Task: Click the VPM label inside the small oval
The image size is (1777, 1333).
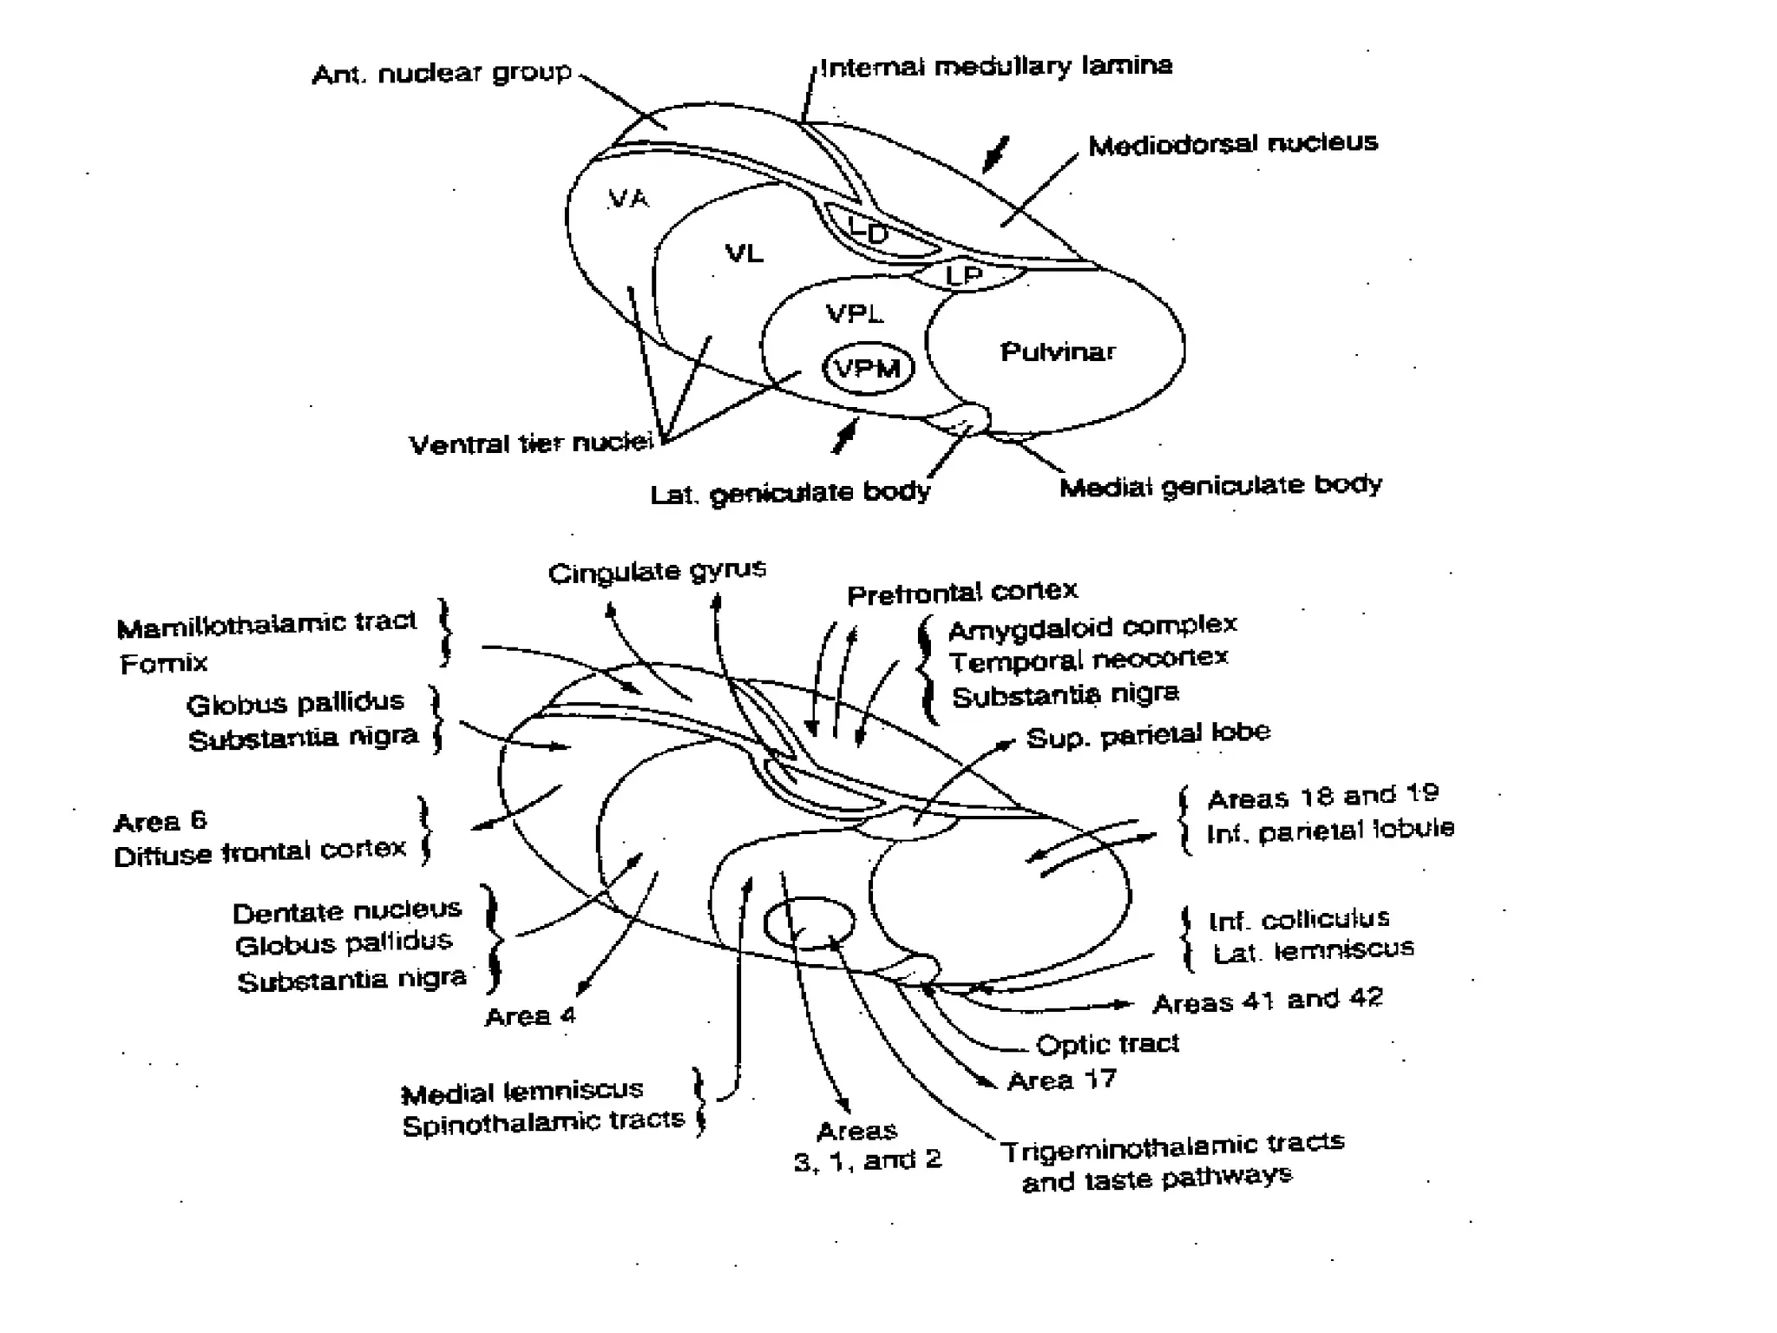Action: point(867,370)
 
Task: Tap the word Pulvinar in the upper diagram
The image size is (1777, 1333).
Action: point(1058,351)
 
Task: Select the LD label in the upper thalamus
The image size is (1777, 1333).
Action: point(869,232)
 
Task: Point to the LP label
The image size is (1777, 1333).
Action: point(964,276)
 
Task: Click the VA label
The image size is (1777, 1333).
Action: point(628,199)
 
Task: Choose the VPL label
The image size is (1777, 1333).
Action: point(855,313)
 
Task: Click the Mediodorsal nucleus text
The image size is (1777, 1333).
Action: point(1232,143)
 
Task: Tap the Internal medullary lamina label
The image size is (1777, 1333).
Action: point(996,66)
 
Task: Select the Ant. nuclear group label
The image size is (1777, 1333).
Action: point(442,73)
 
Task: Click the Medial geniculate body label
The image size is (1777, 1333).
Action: point(1220,485)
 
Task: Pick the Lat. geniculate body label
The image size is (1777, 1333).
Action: point(790,493)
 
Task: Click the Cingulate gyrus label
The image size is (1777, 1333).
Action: point(657,571)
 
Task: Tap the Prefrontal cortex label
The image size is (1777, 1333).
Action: point(961,593)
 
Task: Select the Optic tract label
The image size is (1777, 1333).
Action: point(1107,1043)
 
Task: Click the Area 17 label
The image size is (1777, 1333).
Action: point(1061,1080)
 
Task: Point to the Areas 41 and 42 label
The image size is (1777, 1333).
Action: point(1267,1001)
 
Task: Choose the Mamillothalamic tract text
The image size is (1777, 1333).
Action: point(266,624)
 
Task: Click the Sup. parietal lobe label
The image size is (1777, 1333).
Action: point(1147,735)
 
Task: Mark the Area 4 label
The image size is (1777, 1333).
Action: point(530,1015)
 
